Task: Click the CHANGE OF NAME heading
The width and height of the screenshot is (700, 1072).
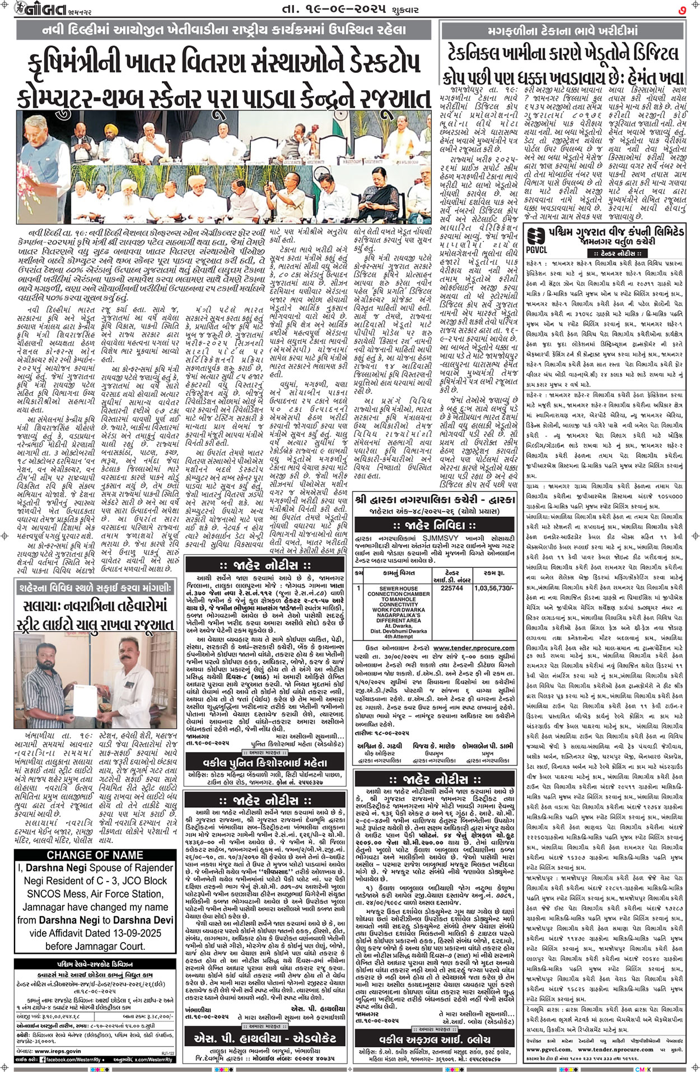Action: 95,855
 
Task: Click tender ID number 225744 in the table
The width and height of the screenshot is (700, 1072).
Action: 452,589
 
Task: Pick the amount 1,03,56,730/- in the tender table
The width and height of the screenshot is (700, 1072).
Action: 494,589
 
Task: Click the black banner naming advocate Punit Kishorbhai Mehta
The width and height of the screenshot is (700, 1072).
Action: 265,762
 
